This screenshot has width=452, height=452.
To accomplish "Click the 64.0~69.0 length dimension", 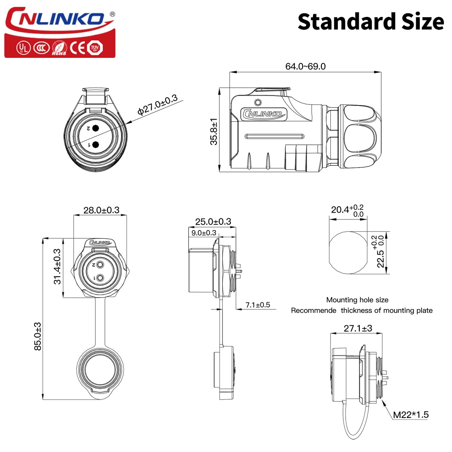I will [x=305, y=66].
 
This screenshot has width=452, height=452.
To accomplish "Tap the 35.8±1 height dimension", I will [x=214, y=131].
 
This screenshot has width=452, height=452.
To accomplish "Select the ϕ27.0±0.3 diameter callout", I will [x=157, y=105].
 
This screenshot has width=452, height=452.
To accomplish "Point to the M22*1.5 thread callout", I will [x=410, y=415].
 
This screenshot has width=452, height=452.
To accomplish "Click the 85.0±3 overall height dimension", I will [x=38, y=336].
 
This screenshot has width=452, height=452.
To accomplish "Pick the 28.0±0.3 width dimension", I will [x=101, y=210].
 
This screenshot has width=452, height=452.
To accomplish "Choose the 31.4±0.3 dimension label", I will [x=57, y=267].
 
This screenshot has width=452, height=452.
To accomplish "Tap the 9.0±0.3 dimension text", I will [x=204, y=233].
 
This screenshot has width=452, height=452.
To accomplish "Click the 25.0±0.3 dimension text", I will [x=213, y=221].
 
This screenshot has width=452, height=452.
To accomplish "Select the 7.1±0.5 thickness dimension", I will [x=257, y=305].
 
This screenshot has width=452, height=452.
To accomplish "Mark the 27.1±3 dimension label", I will [x=358, y=328].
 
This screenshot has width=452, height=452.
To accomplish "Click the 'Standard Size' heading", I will [x=371, y=22].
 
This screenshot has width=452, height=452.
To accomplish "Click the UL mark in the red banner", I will [x=23, y=48].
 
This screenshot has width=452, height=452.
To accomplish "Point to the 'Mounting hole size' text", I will [x=357, y=300].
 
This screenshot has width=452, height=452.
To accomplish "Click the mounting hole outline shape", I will [x=348, y=253].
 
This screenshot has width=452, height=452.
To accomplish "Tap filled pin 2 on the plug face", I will [x=96, y=128].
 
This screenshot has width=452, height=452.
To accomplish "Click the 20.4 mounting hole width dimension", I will [x=347, y=210].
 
